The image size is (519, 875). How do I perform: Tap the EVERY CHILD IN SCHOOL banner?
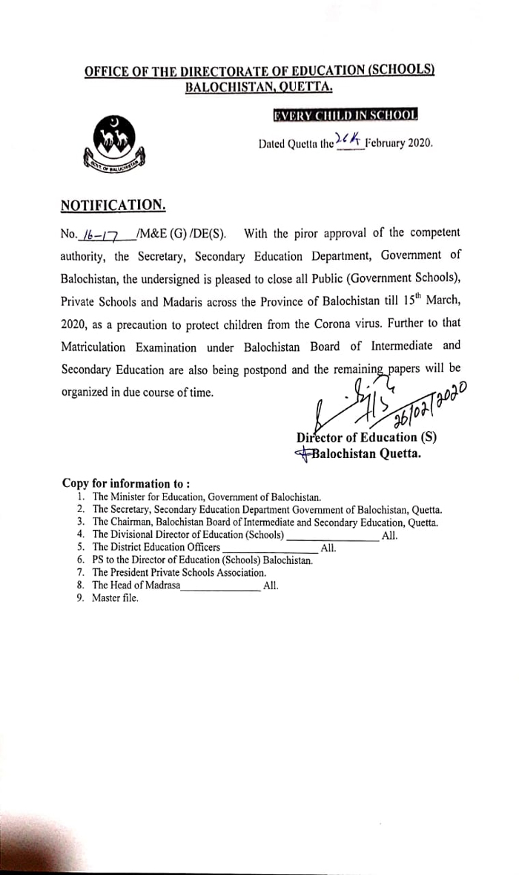pos(345,115)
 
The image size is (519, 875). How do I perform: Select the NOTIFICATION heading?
pos(113,204)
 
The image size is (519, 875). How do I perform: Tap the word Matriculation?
pos(99,347)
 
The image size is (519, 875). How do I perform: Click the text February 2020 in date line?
pos(399,142)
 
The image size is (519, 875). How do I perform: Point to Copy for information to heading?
pos(125,482)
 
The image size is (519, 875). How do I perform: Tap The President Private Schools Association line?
pos(179,572)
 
